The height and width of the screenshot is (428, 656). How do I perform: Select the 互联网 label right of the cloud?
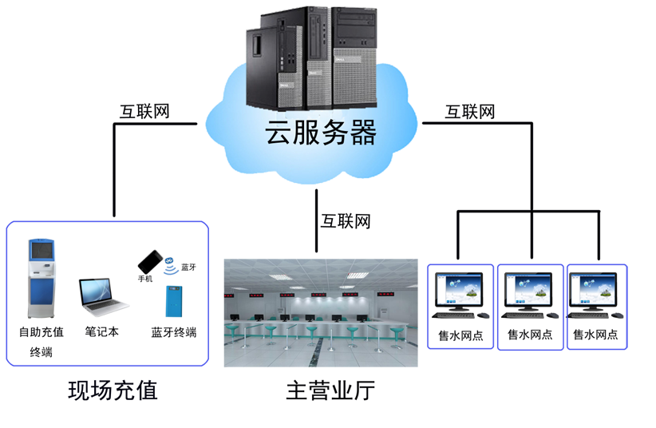click(470, 111)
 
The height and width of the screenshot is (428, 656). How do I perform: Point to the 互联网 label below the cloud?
click(346, 220)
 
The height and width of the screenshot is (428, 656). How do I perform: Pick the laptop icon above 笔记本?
click(102, 295)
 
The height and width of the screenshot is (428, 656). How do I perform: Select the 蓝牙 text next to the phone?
click(189, 267)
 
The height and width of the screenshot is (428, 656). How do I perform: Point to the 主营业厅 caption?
click(330, 391)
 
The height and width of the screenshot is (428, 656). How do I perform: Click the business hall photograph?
click(321, 311)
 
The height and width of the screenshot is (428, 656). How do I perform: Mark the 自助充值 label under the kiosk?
click(41, 331)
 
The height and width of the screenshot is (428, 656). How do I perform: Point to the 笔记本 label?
click(101, 331)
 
